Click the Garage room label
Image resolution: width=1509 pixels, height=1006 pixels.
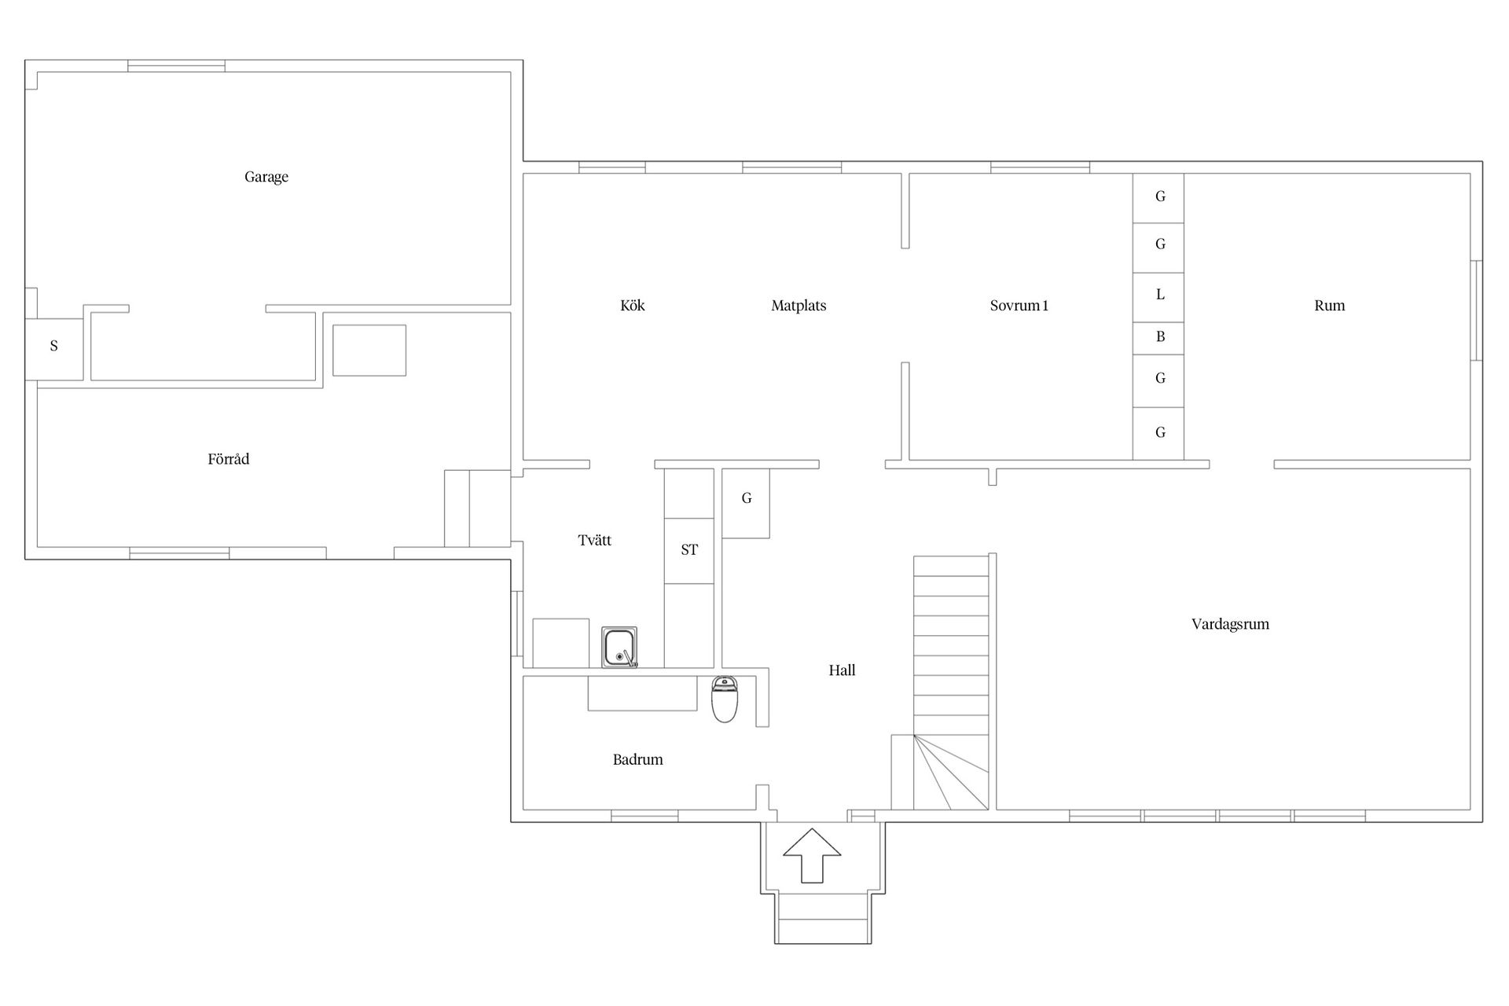pos(266,178)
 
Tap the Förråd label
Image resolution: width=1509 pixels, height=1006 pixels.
pos(229,459)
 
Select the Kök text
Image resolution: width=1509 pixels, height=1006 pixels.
pos(633,306)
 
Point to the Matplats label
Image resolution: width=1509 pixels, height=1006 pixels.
pos(799,306)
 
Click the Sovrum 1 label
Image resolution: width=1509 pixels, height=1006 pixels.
pos(1019,306)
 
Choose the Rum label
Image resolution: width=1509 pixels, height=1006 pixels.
pos(1330,306)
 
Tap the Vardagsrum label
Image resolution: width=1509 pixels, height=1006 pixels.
pos(1230,625)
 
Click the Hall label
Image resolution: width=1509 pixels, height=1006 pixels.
pos(842,670)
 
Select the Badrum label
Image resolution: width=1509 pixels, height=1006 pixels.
pos(638,760)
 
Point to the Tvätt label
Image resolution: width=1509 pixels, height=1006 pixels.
pos(595,541)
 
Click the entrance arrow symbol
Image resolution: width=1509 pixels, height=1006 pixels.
pos(812,855)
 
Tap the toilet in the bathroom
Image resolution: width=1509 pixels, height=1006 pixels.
pos(725,699)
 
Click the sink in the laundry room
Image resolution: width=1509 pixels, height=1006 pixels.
pos(619,647)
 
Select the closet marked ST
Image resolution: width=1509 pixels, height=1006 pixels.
pos(689,550)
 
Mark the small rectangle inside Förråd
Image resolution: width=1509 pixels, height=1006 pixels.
pos(369,351)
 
